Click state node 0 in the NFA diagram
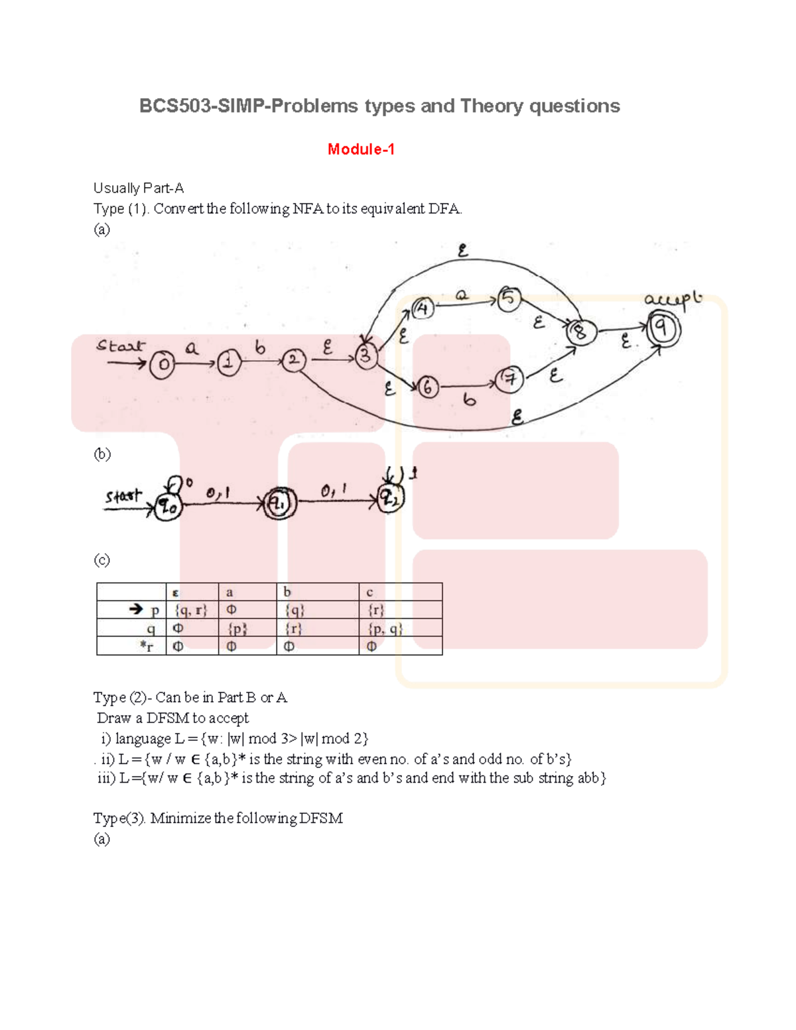(x=162, y=365)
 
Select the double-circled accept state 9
(x=661, y=328)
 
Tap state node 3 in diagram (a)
(x=365, y=356)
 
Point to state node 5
(x=509, y=298)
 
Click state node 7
(x=510, y=379)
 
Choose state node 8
(x=580, y=332)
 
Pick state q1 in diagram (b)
(x=279, y=505)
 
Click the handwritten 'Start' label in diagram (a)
(x=120, y=346)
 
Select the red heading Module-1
(x=361, y=149)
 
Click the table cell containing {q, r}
(x=191, y=610)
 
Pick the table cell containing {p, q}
(x=385, y=628)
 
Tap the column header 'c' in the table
(x=369, y=592)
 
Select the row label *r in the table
(x=147, y=646)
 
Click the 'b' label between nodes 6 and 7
(x=470, y=400)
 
